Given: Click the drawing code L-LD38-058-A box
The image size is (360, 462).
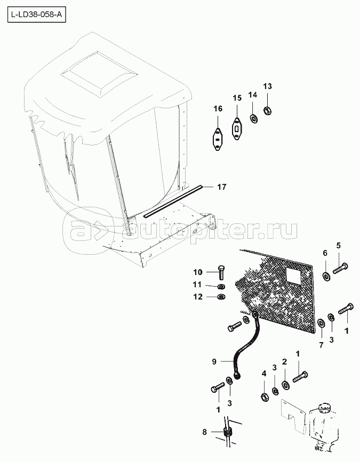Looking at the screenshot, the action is (37, 15).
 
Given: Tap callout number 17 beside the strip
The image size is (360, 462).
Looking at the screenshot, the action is (222, 187).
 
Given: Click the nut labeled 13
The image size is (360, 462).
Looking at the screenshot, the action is (267, 111).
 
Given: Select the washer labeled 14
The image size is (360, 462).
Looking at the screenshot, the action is (253, 118).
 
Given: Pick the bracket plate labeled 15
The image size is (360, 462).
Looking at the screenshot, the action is (237, 128).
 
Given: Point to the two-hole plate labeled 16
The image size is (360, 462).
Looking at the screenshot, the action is (218, 140).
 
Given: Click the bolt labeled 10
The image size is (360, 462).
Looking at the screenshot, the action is (221, 272).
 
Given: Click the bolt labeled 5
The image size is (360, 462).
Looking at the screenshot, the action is (340, 268).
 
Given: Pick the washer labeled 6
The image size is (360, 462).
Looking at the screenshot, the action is (326, 277).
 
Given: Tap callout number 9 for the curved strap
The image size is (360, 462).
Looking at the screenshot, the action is (214, 361).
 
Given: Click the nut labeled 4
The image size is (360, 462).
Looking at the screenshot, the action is (264, 396).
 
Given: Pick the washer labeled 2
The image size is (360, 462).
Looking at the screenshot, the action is (285, 385).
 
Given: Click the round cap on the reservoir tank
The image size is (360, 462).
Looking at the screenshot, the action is (324, 408).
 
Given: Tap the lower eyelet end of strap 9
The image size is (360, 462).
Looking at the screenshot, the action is (237, 375).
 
